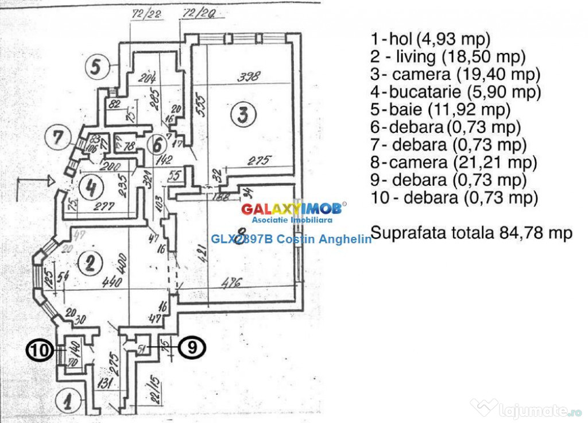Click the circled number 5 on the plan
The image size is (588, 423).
coord(96,67)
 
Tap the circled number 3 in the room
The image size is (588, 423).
coord(243,115)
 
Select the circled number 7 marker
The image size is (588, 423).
coord(57,137)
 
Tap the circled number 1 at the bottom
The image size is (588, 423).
coord(67,402)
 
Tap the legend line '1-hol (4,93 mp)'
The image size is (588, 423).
coord(431,39)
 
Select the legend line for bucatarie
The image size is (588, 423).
coord(456,92)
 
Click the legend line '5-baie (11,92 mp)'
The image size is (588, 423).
coord(441,109)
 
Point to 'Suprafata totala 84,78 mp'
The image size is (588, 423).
coord(471,233)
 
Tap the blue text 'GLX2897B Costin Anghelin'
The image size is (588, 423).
coord(291,239)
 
